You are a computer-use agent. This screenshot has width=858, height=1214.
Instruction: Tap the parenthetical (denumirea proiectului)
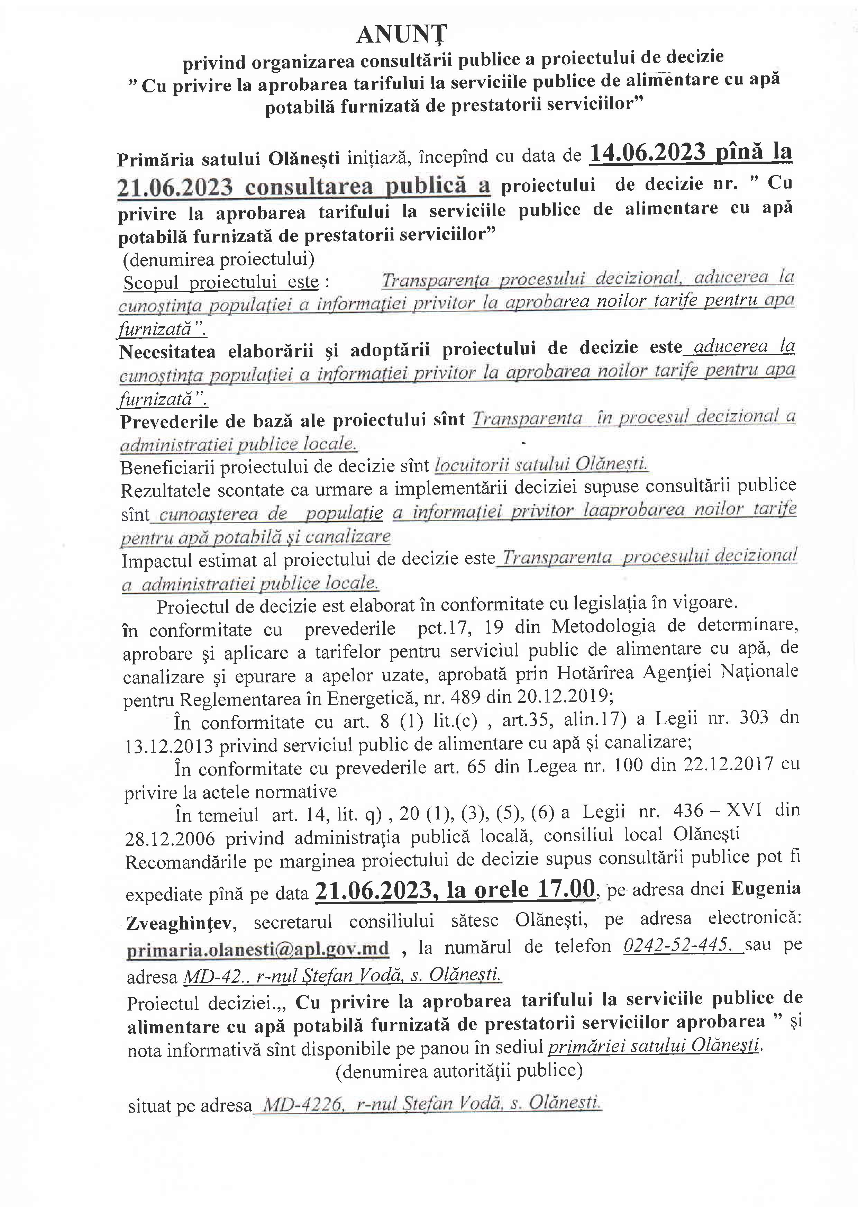(218, 259)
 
